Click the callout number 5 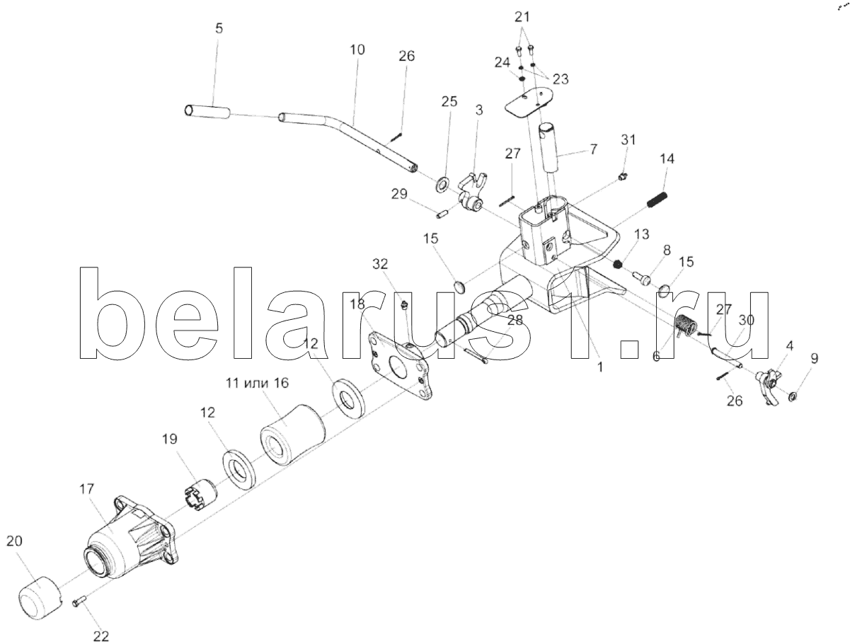[x=219, y=29]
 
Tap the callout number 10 [x=357, y=50]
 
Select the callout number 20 [x=14, y=541]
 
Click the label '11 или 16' [x=258, y=383]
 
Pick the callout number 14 [x=666, y=159]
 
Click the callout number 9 [x=814, y=359]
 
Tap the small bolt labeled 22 [x=79, y=601]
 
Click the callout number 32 [x=381, y=265]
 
